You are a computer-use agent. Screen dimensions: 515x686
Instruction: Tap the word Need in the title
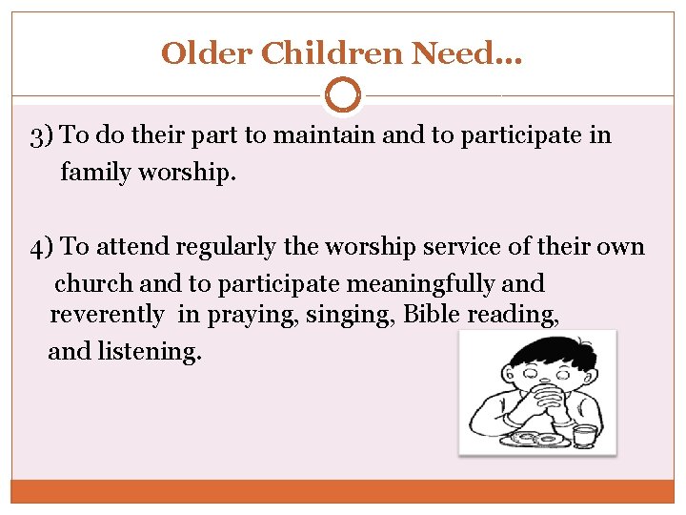(x=456, y=52)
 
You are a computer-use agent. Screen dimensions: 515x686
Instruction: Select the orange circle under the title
(x=342, y=95)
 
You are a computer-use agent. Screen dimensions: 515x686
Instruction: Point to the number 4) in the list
(x=42, y=248)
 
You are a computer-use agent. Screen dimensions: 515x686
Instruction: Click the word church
(x=95, y=283)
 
